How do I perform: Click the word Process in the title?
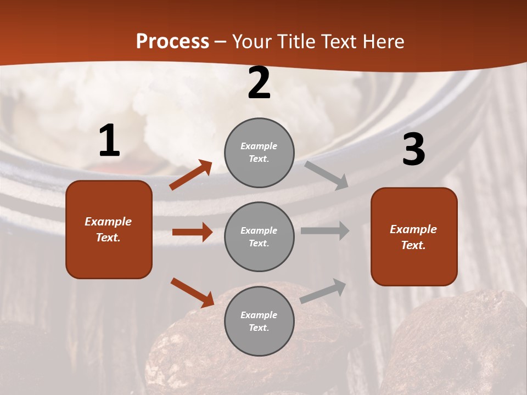coord(172,42)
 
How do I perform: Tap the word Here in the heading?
coord(382,42)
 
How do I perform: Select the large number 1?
coord(109,141)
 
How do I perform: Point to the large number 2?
coord(259,83)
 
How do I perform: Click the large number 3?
coord(413,150)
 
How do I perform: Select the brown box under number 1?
coord(109,229)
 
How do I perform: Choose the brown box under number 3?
coord(414,236)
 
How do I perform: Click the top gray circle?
coord(259,153)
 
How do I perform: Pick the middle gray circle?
coord(259,236)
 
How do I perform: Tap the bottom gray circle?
coord(259,321)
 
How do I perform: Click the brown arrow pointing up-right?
coord(191,175)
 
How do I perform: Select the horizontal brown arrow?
coord(192,232)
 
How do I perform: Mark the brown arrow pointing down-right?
coord(193,292)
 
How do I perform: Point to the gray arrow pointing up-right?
coord(323,291)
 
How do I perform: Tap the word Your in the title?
coord(252,42)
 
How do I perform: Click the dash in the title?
coord(221,42)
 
